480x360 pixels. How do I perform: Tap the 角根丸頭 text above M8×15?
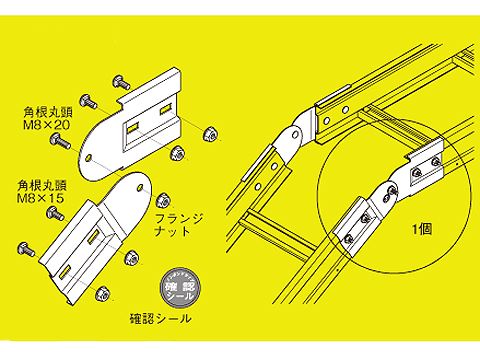pos(40,185)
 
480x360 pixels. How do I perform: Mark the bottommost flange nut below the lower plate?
pos(101,295)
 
